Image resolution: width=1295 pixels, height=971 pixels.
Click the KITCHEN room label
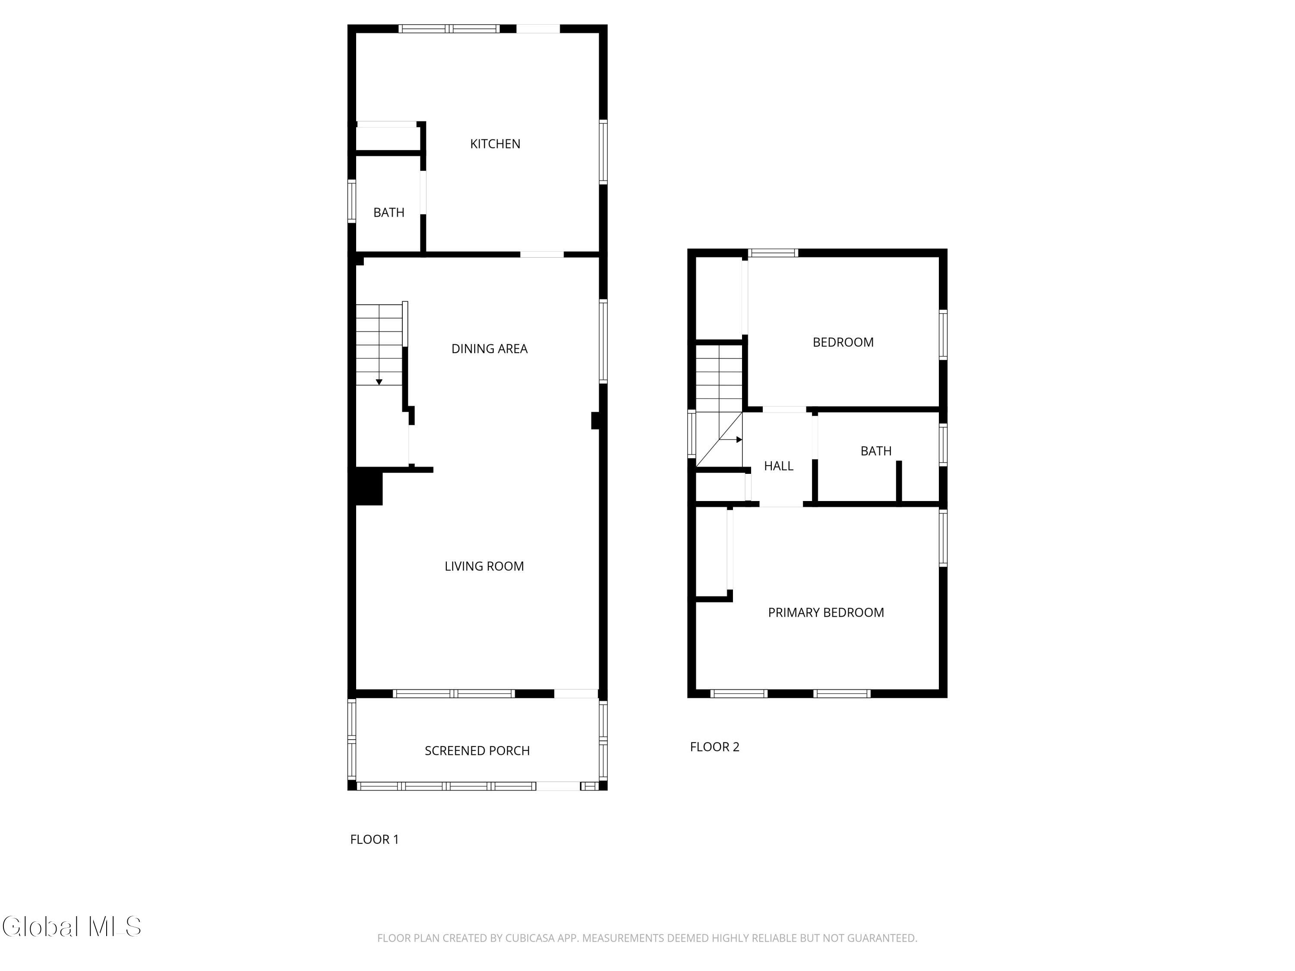(x=495, y=144)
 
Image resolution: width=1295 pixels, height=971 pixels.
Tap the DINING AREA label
(x=490, y=349)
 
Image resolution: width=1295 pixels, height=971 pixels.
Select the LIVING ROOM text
(x=484, y=566)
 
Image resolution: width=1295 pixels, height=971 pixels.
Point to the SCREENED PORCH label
(x=477, y=750)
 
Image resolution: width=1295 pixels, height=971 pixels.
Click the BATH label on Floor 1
(x=389, y=212)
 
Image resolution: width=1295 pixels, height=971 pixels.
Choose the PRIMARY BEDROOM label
(x=826, y=612)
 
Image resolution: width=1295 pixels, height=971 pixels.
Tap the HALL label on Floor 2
(x=779, y=466)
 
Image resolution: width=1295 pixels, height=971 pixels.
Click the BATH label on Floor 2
(x=876, y=451)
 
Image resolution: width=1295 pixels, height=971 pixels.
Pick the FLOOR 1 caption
(x=375, y=839)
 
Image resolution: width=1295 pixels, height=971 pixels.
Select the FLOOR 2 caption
(x=715, y=747)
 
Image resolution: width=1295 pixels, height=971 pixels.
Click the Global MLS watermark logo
(x=71, y=927)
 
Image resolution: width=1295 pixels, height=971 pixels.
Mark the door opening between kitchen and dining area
(x=542, y=255)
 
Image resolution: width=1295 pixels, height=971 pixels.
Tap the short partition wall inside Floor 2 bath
(x=899, y=481)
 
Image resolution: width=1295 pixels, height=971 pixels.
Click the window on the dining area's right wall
(x=603, y=342)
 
